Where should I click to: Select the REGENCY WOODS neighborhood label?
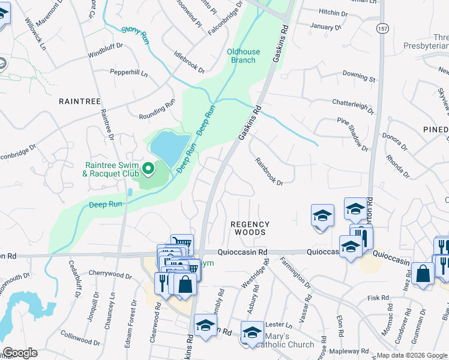(x=250, y=229)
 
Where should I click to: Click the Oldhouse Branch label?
(x=243, y=56)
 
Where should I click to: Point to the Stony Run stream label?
(x=135, y=34)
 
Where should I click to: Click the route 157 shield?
(x=382, y=28)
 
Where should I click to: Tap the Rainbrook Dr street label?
(x=268, y=172)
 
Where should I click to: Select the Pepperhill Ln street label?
(x=128, y=72)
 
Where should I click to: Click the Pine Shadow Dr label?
(x=352, y=133)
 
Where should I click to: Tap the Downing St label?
(x=358, y=76)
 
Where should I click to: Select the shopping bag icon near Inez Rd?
(x=423, y=274)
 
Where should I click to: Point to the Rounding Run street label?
(x=157, y=103)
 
